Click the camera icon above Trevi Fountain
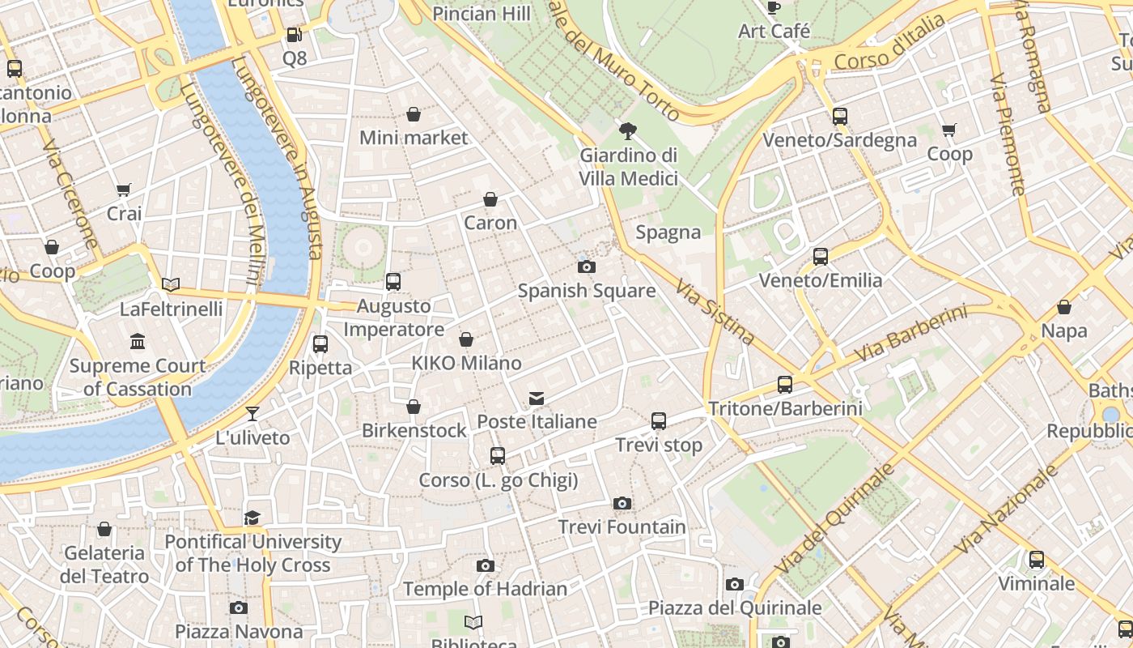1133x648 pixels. tap(622, 503)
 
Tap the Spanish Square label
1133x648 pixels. tap(587, 290)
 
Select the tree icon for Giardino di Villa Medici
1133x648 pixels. tap(627, 130)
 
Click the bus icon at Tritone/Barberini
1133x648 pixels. tap(784, 384)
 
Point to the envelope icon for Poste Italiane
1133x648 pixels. tap(536, 397)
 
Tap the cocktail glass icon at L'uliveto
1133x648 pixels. tap(252, 413)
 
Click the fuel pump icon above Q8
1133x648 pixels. tap(295, 35)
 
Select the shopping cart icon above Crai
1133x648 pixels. tap(123, 190)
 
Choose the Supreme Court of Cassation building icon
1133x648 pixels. tap(138, 341)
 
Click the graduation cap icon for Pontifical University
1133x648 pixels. tap(252, 517)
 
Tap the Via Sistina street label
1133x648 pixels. tap(715, 313)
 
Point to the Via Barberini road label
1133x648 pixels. tap(910, 334)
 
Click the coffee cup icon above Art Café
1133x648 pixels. tap(774, 7)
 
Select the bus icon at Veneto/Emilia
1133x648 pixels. tap(820, 256)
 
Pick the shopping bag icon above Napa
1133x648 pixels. tap(1064, 307)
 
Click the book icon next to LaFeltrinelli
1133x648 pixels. tap(171, 284)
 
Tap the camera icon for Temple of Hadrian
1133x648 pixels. tap(485, 565)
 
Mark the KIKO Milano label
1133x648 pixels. tap(466, 363)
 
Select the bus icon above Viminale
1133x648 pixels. tap(1036, 559)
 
